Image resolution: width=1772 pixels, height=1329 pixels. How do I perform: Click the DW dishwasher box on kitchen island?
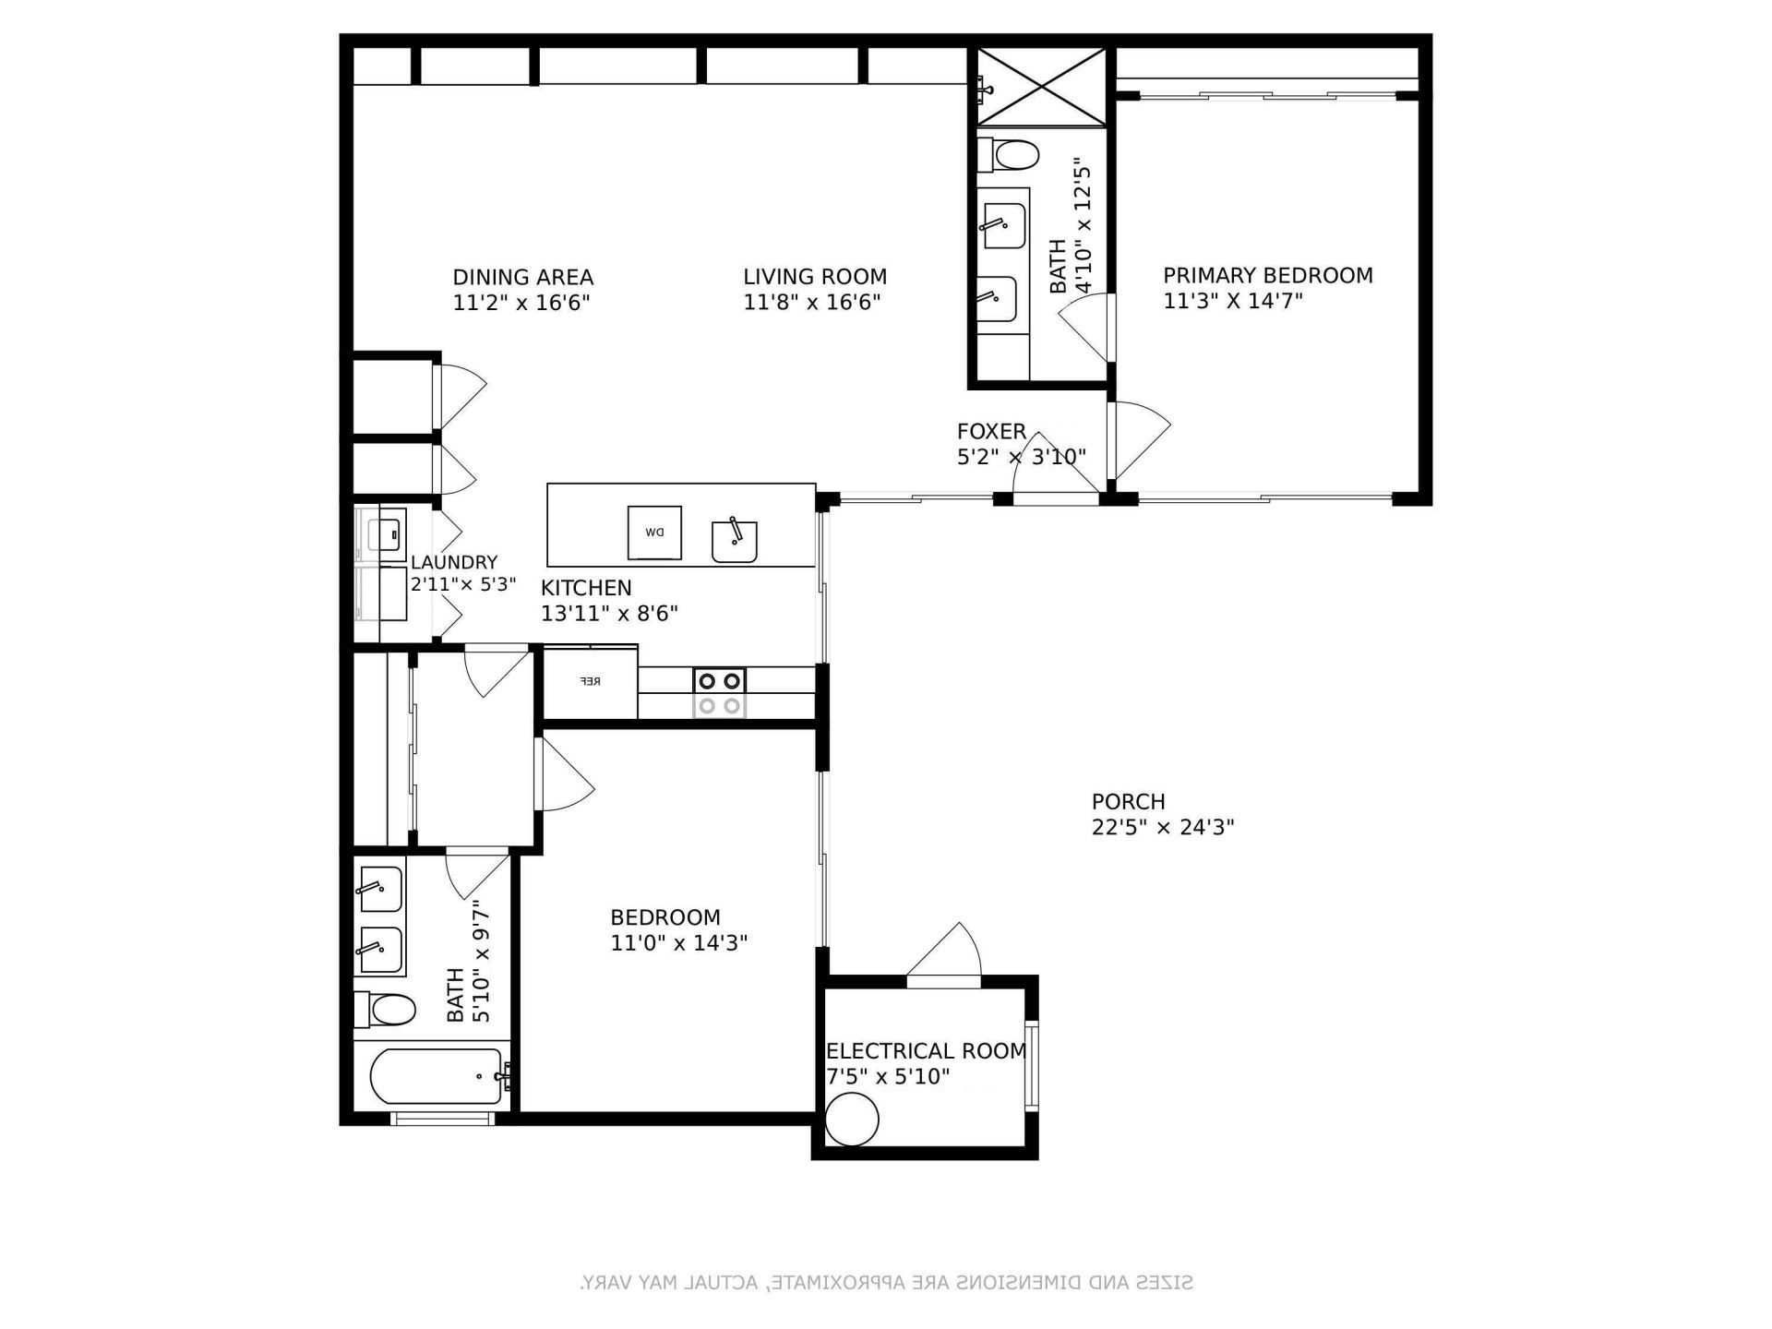click(x=654, y=533)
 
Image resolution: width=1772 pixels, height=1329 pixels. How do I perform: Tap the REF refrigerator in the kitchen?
click(x=591, y=682)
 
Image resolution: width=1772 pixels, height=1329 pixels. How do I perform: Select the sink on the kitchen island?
click(x=735, y=542)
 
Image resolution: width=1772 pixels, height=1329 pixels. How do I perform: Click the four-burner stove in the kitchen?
click(x=720, y=693)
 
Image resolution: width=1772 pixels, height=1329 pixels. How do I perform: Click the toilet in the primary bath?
click(x=1009, y=154)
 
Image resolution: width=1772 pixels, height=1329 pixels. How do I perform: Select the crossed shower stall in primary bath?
click(x=1042, y=87)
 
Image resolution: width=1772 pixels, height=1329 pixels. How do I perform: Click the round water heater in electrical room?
click(x=851, y=1119)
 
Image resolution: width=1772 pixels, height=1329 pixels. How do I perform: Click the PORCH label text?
click(x=1128, y=801)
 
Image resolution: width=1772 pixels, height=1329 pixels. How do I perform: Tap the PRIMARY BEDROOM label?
click(x=1267, y=275)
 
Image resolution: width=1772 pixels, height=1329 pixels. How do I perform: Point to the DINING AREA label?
click(x=522, y=277)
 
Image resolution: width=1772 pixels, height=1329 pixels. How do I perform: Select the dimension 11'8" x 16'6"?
click(x=812, y=302)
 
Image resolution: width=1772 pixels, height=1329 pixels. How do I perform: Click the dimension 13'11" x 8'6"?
click(x=609, y=614)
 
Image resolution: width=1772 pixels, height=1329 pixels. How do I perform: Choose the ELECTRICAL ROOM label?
click(x=926, y=1051)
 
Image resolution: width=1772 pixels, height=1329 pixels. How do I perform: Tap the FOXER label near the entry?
click(x=991, y=431)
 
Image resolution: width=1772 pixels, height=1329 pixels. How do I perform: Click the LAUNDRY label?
click(x=453, y=562)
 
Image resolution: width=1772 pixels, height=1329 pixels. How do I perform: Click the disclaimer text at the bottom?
click(x=886, y=1282)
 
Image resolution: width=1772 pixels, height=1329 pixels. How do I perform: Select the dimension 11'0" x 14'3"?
click(x=678, y=943)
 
